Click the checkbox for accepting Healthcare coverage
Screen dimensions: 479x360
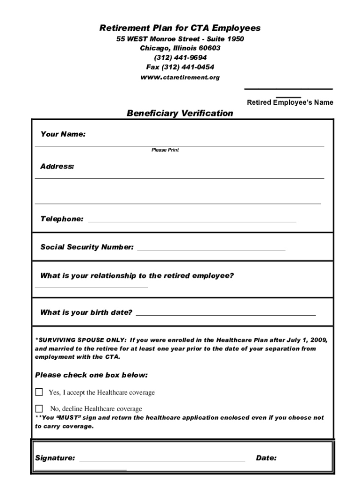tap(39, 392)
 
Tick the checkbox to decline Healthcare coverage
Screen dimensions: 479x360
tap(39, 408)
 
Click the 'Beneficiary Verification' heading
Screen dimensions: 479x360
tap(180, 113)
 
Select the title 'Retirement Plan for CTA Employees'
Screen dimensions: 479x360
tap(180, 28)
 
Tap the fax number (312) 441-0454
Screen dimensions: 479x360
tap(180, 67)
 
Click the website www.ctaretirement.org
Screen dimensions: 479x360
tap(180, 77)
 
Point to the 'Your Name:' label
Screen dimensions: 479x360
tap(63, 134)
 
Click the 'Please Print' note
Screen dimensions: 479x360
tap(165, 150)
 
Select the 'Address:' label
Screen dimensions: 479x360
tap(57, 166)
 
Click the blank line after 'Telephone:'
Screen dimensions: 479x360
tap(192, 220)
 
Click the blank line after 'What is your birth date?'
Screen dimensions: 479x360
tap(225, 315)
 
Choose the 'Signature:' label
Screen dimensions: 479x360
tap(55, 458)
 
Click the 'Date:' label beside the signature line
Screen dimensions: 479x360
tap(266, 458)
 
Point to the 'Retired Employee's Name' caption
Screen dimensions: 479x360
tap(290, 102)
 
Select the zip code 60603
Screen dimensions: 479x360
tap(209, 48)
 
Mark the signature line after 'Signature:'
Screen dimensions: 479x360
tap(162, 460)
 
